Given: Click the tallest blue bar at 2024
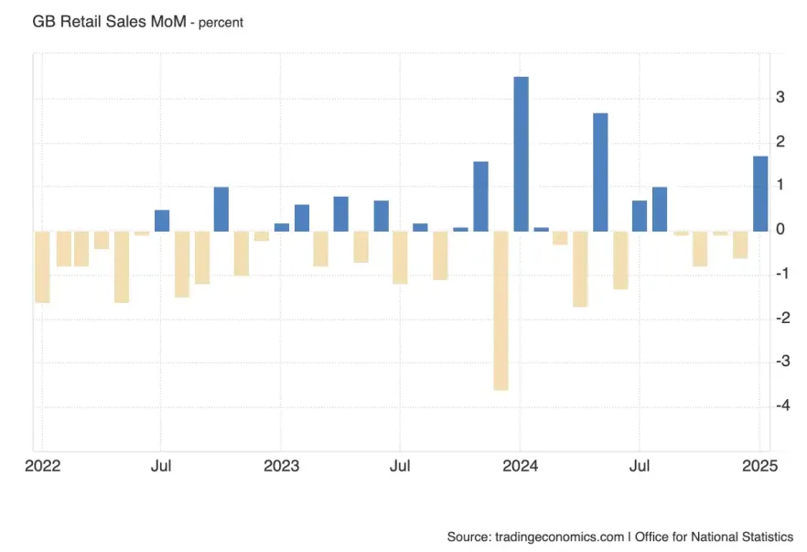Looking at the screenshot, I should pos(521,153).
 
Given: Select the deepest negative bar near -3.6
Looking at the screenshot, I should pos(500,310).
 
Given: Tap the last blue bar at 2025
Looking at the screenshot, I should pos(760,193).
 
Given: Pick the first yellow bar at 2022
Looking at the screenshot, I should pos(42,266).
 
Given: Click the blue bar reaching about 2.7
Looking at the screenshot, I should pos(600,171).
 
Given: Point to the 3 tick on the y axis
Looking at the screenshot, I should pos(780,97).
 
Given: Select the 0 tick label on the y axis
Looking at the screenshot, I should pos(780,230).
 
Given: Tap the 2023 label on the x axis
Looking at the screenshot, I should pos(282,466).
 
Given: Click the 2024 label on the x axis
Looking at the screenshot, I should pos(520,466).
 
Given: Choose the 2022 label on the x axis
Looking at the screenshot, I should pos(42,466).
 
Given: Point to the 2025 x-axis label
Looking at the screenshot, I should pos(759,466).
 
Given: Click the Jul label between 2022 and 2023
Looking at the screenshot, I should pos(162,466).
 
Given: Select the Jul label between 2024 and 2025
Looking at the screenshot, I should pos(640,466).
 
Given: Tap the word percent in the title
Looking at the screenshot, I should pos(218,22).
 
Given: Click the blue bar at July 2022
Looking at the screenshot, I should pos(162,221).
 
